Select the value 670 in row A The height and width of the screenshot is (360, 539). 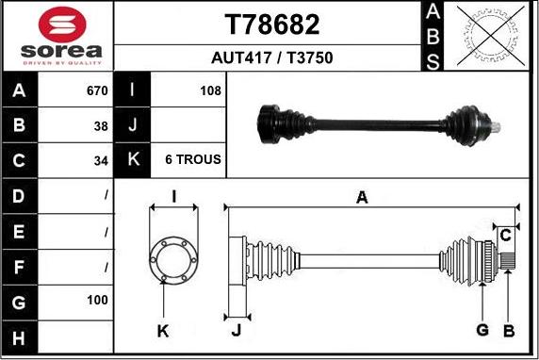[x=97, y=91]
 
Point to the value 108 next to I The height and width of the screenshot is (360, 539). [x=210, y=91]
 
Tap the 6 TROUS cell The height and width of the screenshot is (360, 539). [x=192, y=160]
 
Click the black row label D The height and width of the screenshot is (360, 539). [x=20, y=195]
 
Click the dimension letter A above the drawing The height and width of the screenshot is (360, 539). [x=361, y=197]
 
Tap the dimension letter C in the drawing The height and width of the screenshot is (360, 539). [x=505, y=233]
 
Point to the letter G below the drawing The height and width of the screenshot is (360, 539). [x=482, y=329]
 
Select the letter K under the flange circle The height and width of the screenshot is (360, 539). [x=163, y=330]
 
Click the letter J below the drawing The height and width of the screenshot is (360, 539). [x=237, y=330]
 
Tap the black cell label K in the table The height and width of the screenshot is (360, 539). [x=133, y=160]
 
